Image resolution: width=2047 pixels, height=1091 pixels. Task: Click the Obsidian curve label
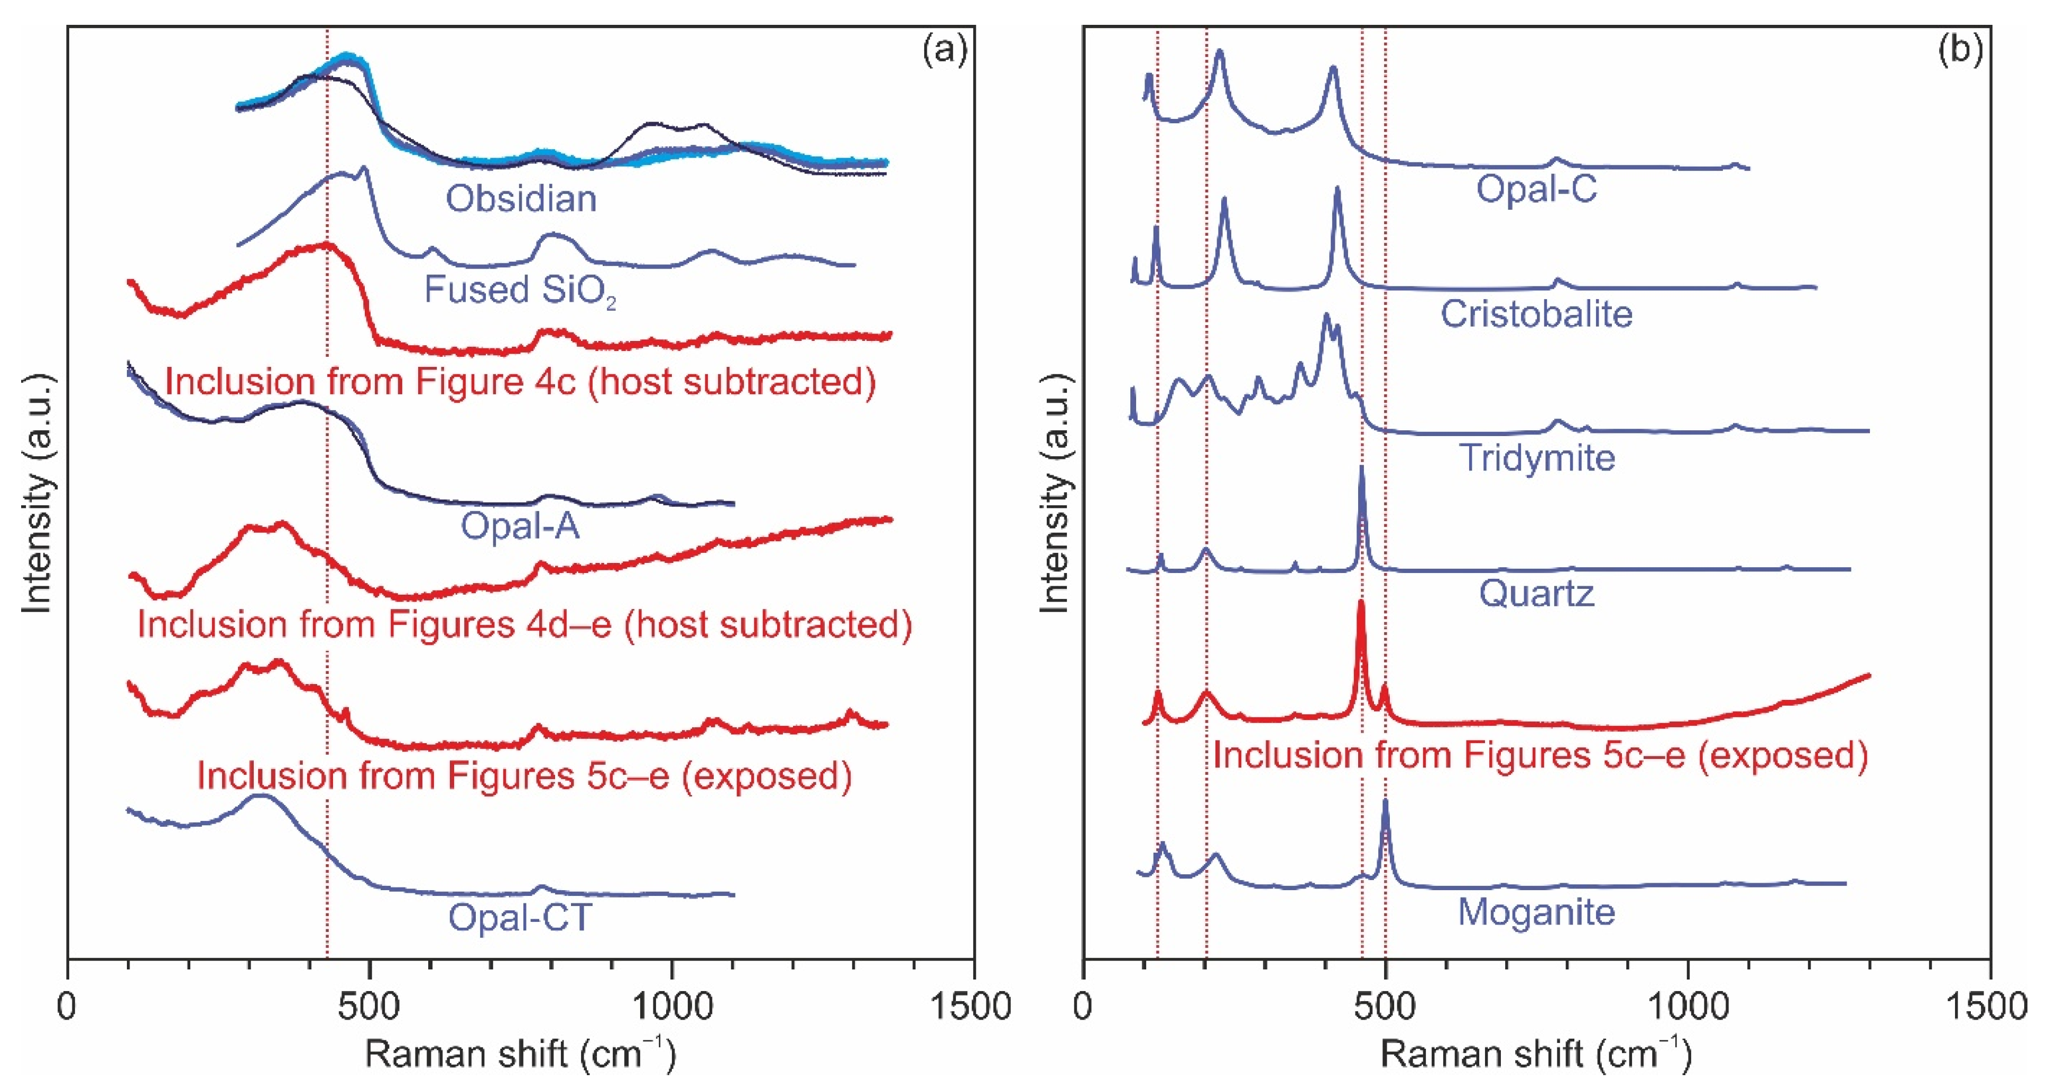click(521, 199)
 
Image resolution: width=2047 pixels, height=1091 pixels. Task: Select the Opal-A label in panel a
click(521, 526)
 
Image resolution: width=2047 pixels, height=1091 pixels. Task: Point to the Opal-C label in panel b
click(1536, 189)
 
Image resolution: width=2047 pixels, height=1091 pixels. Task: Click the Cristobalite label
click(1536, 314)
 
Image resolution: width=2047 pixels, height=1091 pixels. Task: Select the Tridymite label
click(1537, 458)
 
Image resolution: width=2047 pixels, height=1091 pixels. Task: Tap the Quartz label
click(1536, 594)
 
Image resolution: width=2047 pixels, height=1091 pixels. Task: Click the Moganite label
click(1536, 911)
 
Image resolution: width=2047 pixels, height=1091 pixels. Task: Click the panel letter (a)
click(944, 50)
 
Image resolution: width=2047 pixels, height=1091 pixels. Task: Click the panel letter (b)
click(1960, 50)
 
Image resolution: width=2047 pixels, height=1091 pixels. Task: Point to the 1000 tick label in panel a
click(672, 1007)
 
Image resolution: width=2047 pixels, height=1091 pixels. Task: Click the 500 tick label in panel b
click(1385, 1007)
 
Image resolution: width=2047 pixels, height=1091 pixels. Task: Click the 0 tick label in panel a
click(68, 1007)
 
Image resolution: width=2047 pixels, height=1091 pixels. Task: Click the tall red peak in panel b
click(1360, 628)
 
